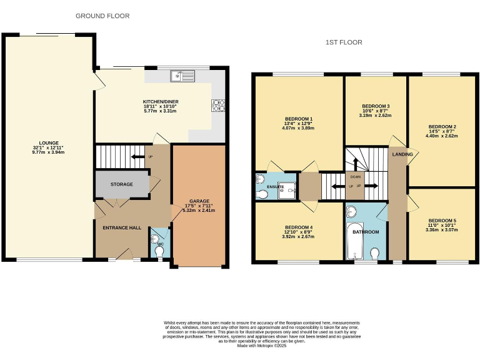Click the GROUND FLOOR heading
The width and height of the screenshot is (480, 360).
(102, 16)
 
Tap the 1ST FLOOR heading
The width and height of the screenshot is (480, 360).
(344, 42)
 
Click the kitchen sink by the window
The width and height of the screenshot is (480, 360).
(182, 76)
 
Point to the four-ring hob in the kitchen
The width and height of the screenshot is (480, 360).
(218, 105)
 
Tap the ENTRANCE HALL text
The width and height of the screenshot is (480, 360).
(121, 227)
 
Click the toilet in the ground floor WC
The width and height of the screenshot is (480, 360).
(160, 251)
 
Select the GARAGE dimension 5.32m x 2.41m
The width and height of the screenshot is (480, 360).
(198, 211)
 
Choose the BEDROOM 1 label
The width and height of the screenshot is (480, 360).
(298, 119)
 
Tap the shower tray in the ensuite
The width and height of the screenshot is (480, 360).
(288, 194)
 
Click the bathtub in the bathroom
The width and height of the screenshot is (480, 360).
(354, 241)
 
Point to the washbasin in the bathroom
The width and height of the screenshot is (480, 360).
(352, 211)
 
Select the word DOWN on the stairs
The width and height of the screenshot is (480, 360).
(355, 177)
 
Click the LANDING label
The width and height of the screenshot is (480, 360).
(401, 153)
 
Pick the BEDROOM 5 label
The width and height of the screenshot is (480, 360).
(442, 221)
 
